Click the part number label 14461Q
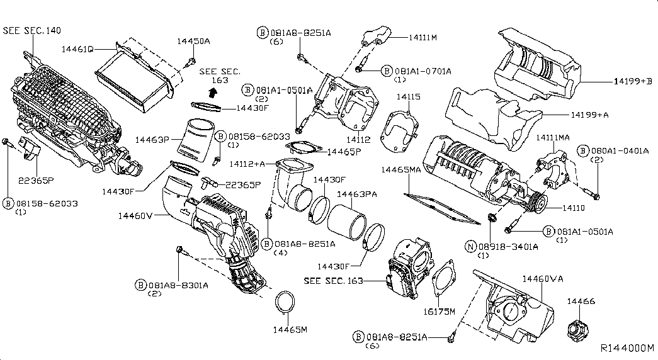(77, 49)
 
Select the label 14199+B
(633, 81)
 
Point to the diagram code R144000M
(627, 348)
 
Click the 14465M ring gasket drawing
(285, 303)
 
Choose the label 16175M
(438, 312)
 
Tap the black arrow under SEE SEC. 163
(213, 91)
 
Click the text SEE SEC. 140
(32, 30)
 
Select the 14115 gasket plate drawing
(399, 132)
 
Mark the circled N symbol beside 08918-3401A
(471, 247)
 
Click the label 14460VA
(543, 279)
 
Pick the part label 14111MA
(553, 138)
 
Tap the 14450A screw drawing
(191, 62)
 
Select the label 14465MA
(400, 169)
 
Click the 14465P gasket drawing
(304, 148)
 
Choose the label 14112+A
(247, 164)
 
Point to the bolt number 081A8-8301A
(178, 285)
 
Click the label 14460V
(135, 216)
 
